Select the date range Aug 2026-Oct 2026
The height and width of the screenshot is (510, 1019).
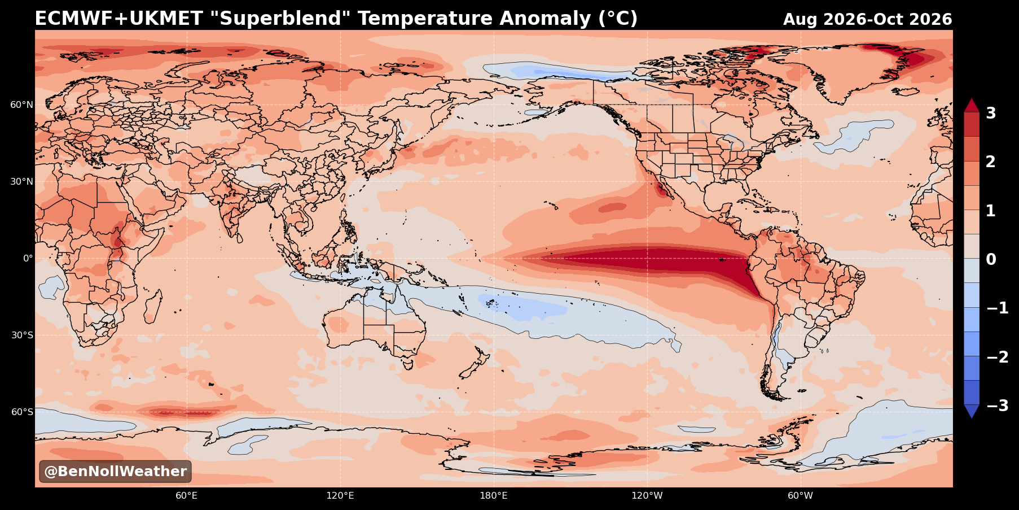[x=867, y=20]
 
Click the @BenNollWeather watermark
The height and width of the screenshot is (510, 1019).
[x=115, y=472]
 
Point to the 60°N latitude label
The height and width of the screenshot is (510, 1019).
[x=21, y=105]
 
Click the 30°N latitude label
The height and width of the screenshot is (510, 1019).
[x=21, y=182]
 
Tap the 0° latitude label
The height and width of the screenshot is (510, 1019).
[x=28, y=259]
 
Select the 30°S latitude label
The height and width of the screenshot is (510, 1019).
[x=22, y=335]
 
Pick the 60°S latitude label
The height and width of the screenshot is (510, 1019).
[x=22, y=412]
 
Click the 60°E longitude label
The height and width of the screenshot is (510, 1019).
[x=186, y=496]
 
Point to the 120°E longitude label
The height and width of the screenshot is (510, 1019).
[x=340, y=496]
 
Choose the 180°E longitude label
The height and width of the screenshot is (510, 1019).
[x=493, y=496]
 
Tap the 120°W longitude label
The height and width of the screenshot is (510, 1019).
[x=647, y=496]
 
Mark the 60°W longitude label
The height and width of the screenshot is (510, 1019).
[x=800, y=496]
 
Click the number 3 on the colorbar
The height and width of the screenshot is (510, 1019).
[x=991, y=114]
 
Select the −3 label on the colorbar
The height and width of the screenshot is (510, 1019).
[x=997, y=406]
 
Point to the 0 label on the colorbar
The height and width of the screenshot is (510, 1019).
[x=991, y=260]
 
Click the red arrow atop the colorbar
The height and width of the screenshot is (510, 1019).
[x=972, y=106]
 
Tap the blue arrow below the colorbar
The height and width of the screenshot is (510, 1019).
[x=972, y=411]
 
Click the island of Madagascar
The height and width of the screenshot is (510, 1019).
[x=153, y=307]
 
